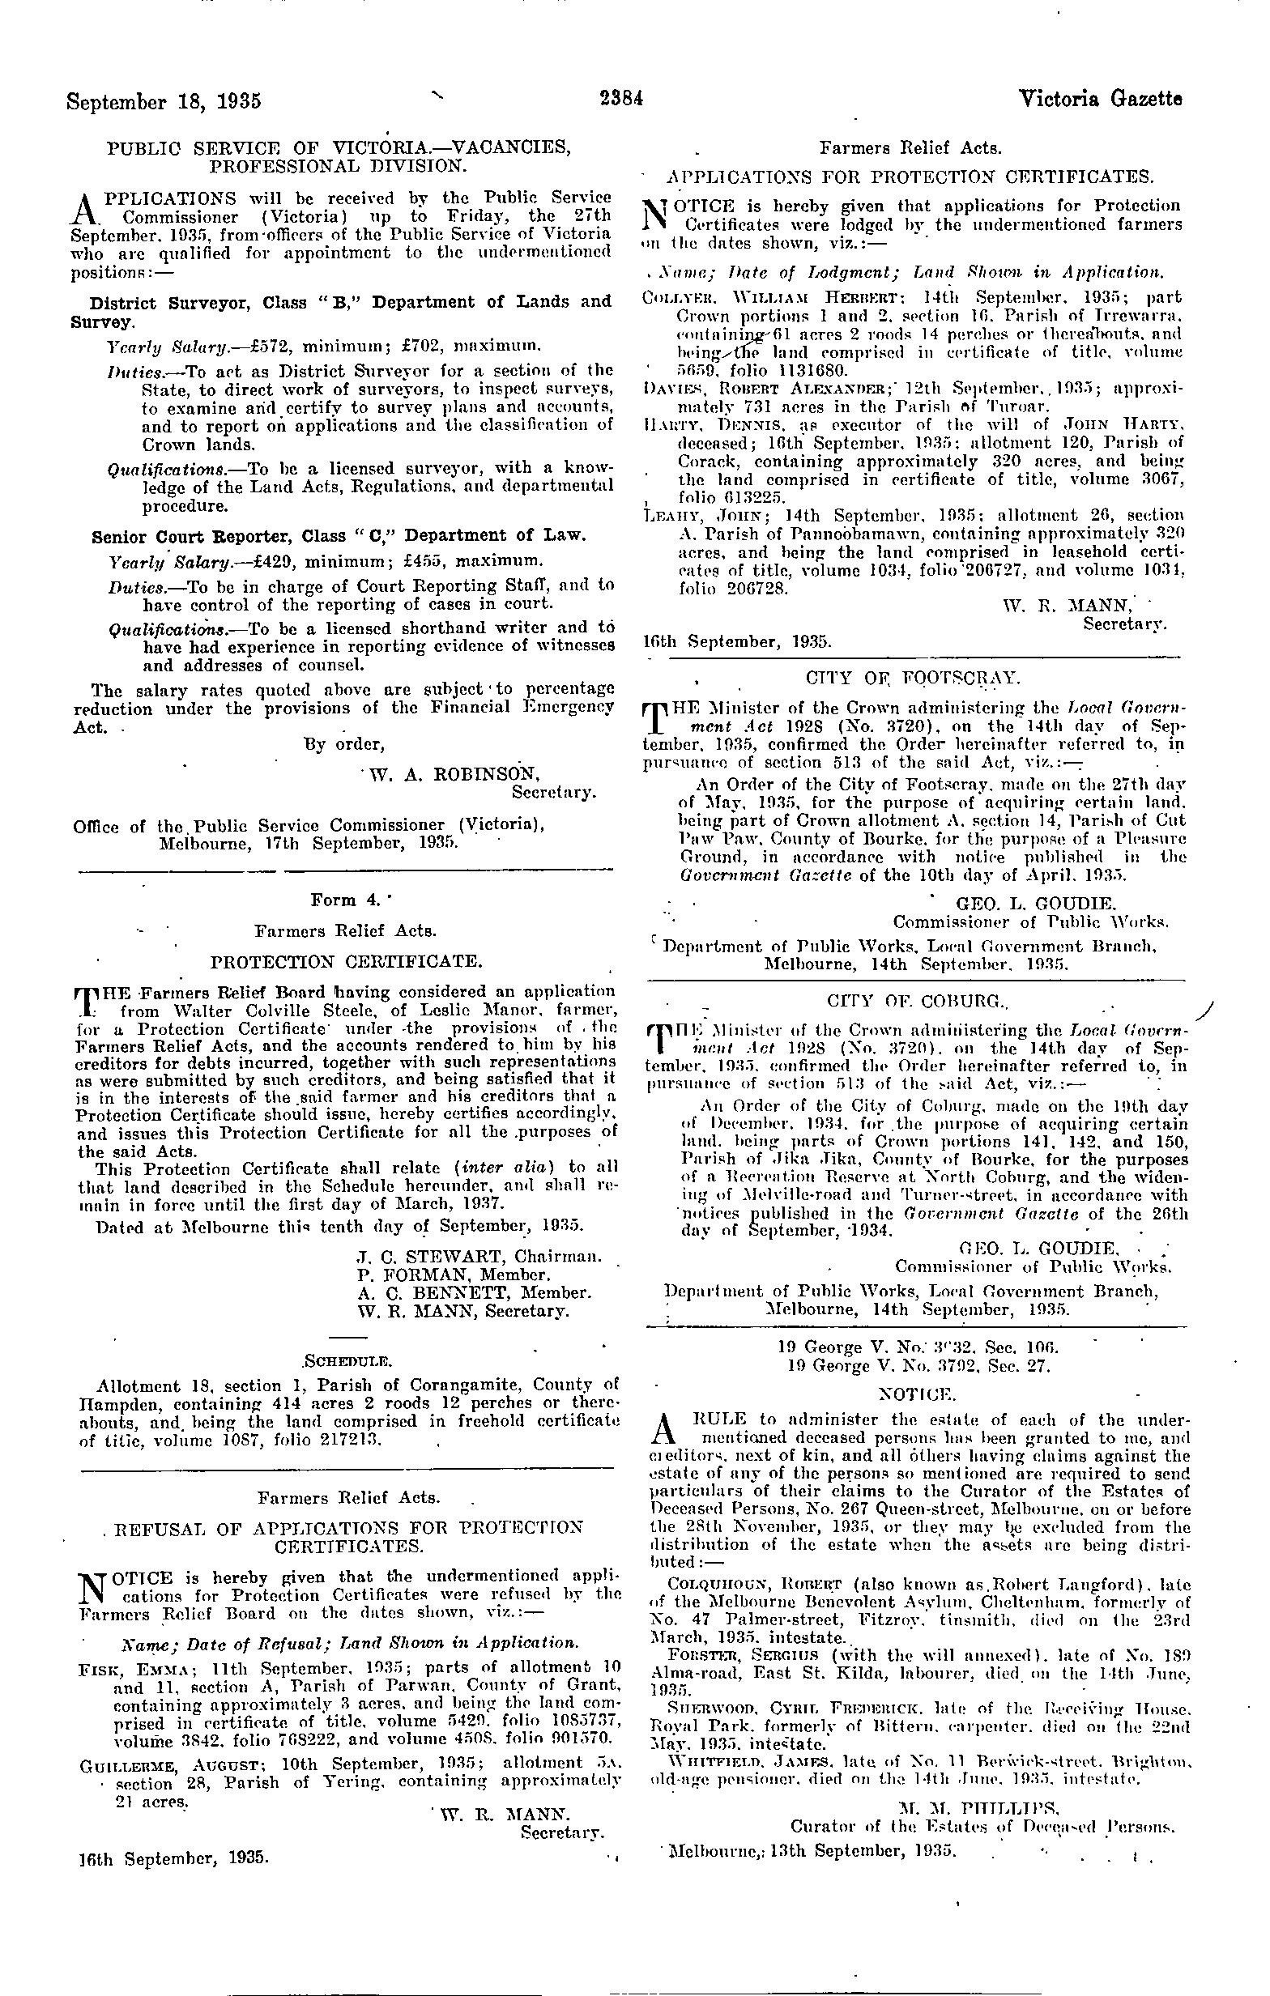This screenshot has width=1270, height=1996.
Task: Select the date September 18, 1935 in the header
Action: (x=164, y=102)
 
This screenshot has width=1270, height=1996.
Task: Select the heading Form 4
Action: (x=339, y=900)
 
